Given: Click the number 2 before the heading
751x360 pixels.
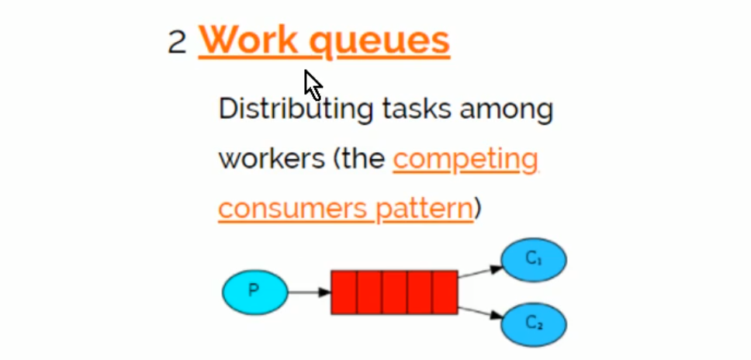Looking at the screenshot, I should click(177, 42).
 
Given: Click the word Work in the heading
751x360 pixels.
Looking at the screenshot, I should click(248, 40).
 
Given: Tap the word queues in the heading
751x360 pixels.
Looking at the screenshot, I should click(379, 42).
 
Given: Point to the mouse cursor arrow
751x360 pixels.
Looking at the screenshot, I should click(312, 84).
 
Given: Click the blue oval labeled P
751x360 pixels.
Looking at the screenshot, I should click(254, 292).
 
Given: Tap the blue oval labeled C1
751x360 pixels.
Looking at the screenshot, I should click(534, 259).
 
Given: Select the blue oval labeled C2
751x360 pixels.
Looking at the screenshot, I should click(534, 324).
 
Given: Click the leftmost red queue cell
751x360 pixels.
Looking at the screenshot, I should click(344, 292).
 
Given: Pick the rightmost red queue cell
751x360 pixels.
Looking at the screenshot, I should click(445, 292).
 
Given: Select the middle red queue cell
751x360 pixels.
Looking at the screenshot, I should click(394, 292).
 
